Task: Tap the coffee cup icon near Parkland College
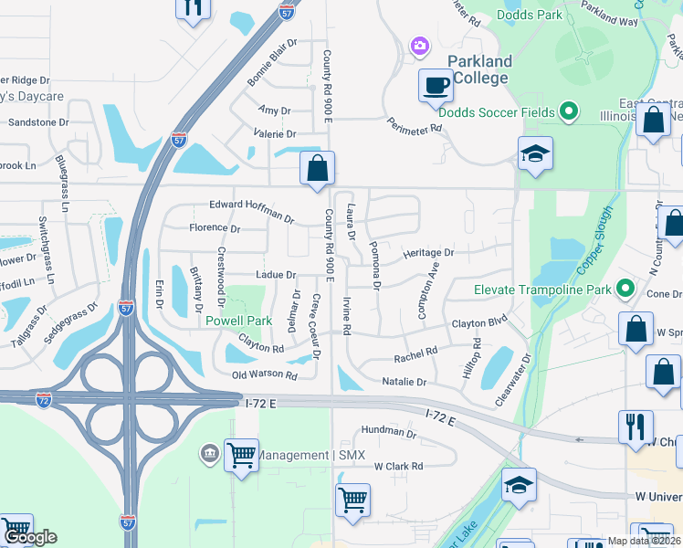pyautogui.click(x=436, y=86)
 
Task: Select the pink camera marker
pyautogui.click(x=420, y=45)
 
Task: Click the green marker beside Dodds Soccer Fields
pyautogui.click(x=569, y=112)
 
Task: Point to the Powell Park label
pyautogui.click(x=238, y=321)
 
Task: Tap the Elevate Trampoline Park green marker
pyautogui.click(x=625, y=290)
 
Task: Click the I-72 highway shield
pyautogui.click(x=44, y=399)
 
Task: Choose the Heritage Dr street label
pyautogui.click(x=428, y=252)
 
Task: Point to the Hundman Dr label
pyautogui.click(x=388, y=429)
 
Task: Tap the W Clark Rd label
pyautogui.click(x=399, y=466)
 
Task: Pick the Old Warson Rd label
pyautogui.click(x=265, y=374)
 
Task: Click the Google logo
pyautogui.click(x=29, y=537)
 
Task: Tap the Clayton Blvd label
pyautogui.click(x=478, y=323)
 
